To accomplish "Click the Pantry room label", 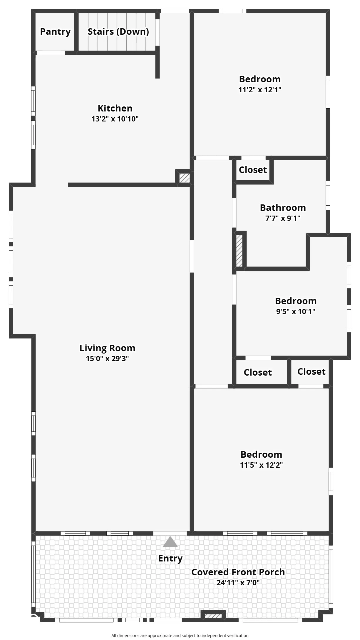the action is pyautogui.click(x=55, y=31).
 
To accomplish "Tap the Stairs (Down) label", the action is pyautogui.click(x=118, y=31).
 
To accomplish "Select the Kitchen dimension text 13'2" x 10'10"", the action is pyautogui.click(x=115, y=119).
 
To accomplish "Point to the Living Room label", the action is pyautogui.click(x=107, y=348).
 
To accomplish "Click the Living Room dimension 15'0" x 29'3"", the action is pyautogui.click(x=107, y=359).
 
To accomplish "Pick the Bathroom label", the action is pyautogui.click(x=283, y=208).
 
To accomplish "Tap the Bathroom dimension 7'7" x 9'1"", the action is pyautogui.click(x=283, y=218).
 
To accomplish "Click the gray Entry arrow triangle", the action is pyautogui.click(x=170, y=542).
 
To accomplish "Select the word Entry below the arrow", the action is pyautogui.click(x=170, y=559).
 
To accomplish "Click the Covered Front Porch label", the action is pyautogui.click(x=238, y=572).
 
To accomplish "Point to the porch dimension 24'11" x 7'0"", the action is pyautogui.click(x=238, y=583).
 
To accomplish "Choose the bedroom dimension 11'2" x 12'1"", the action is pyautogui.click(x=260, y=90).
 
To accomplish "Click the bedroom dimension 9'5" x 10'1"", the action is pyautogui.click(x=296, y=311).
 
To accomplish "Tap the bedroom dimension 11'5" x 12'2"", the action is pyautogui.click(x=261, y=465).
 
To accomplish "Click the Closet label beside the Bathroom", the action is pyautogui.click(x=253, y=170).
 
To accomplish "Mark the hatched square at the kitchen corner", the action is pyautogui.click(x=185, y=178).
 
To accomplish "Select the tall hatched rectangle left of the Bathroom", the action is pyautogui.click(x=240, y=251).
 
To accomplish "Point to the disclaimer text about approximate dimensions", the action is pyautogui.click(x=180, y=635).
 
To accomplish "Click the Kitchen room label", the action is pyautogui.click(x=115, y=108).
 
